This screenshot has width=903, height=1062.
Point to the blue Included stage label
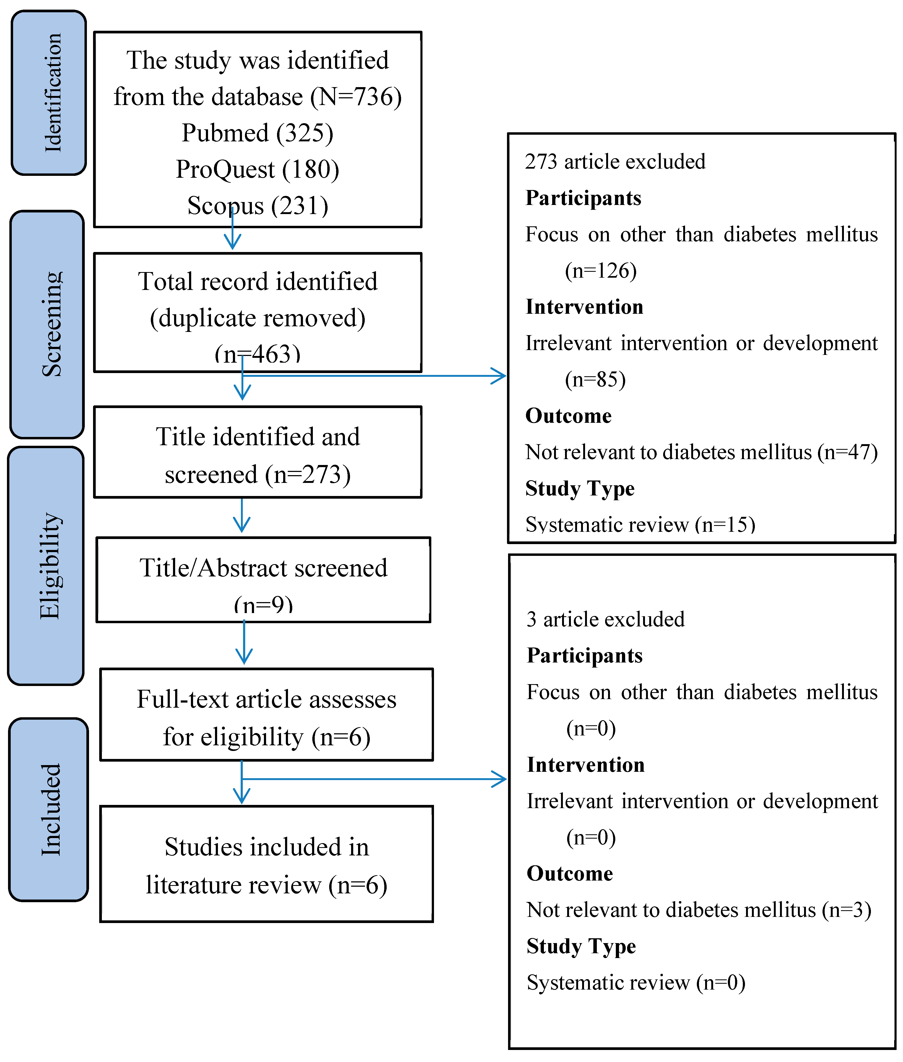coord(49,809)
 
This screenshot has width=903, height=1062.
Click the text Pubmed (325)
coord(258,133)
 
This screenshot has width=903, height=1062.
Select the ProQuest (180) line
coord(258,169)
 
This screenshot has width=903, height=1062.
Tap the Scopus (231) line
coord(258,206)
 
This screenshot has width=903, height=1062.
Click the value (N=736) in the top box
coord(356,97)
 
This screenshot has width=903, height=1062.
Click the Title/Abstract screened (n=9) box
coord(263,580)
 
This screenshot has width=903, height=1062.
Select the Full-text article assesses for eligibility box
coord(266,715)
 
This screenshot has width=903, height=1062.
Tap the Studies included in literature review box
coord(266,864)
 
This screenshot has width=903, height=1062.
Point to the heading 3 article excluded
coord(606,619)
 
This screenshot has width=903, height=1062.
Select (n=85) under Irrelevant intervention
coord(595,379)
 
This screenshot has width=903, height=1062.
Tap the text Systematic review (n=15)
coord(640,524)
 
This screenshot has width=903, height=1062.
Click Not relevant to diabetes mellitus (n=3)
coord(699,910)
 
